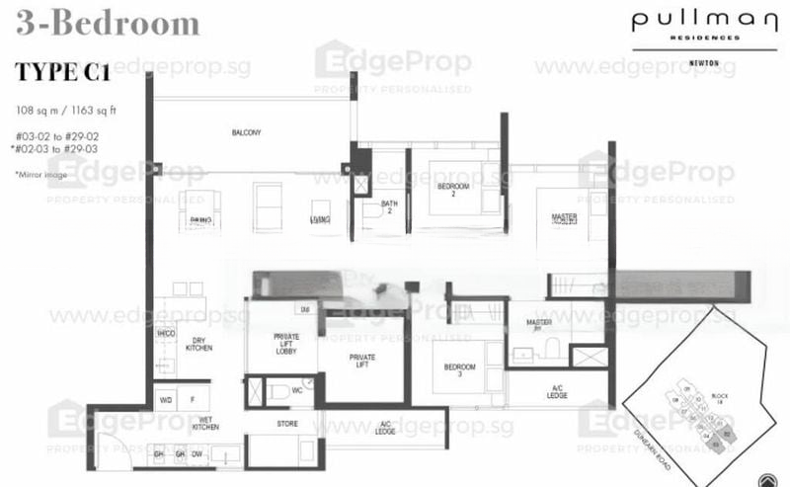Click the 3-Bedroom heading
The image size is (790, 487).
pyautogui.click(x=106, y=24)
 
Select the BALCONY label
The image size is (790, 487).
pyautogui.click(x=246, y=132)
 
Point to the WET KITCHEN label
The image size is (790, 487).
pyautogui.click(x=203, y=424)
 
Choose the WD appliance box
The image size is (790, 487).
pyautogui.click(x=166, y=401)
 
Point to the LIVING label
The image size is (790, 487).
pyautogui.click(x=319, y=219)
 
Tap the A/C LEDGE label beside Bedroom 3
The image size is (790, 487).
pyautogui.click(x=557, y=391)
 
